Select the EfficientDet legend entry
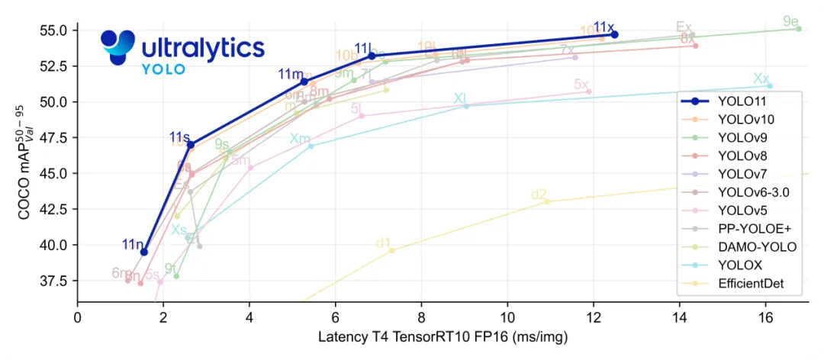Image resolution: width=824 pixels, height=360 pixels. point(750,284)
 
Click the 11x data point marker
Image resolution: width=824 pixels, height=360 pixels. point(614,34)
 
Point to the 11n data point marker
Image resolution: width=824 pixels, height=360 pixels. point(144,252)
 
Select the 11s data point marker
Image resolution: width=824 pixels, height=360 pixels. point(191,144)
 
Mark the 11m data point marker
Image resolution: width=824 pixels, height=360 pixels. point(304,81)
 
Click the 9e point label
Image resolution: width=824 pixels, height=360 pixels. point(790,21)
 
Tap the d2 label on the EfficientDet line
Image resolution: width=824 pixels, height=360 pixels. point(539,194)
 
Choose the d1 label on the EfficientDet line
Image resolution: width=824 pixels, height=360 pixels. point(383,243)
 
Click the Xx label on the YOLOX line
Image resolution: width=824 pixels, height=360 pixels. point(761,78)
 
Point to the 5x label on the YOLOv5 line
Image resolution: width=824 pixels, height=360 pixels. point(581,84)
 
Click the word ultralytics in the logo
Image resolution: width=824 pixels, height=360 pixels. point(203,48)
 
